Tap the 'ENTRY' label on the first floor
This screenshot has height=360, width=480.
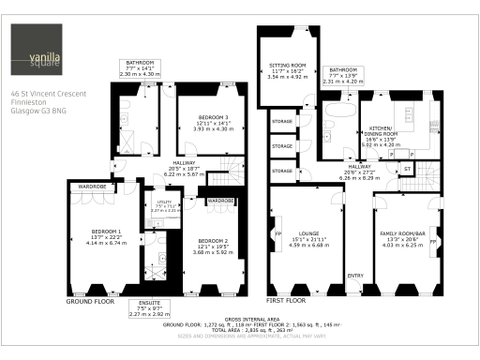pyautogui.click(x=356, y=276)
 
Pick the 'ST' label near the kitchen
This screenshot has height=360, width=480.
pyautogui.click(x=408, y=170)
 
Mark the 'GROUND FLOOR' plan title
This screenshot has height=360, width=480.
pyautogui.click(x=91, y=302)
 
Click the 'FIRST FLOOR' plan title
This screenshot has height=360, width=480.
pyautogui.click(x=288, y=302)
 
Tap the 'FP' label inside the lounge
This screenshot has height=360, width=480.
pyautogui.click(x=278, y=233)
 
